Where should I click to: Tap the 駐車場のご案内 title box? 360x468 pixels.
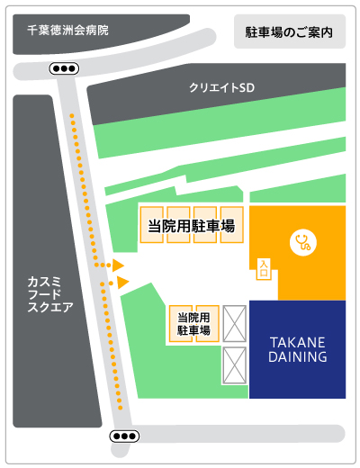pyautogui.click(x=289, y=31)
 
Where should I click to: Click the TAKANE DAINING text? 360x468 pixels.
pyautogui.click(x=298, y=349)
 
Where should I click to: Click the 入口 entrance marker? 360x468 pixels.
pyautogui.click(x=264, y=267)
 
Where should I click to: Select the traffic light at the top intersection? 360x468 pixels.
pyautogui.click(x=63, y=68)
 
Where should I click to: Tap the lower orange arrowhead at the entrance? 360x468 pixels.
pyautogui.click(x=123, y=283)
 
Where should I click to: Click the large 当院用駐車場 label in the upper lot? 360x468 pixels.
pyautogui.click(x=191, y=226)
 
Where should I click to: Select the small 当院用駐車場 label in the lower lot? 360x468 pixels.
pyautogui.click(x=193, y=324)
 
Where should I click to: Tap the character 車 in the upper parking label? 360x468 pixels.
pyautogui.click(x=213, y=226)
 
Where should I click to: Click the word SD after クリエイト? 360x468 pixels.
pyautogui.click(x=247, y=87)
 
